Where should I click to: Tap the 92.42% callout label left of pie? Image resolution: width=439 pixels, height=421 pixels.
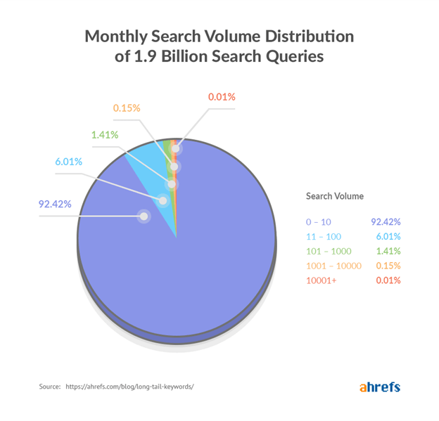[x=55, y=205]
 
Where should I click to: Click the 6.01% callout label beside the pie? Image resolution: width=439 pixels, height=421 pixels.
[x=69, y=162]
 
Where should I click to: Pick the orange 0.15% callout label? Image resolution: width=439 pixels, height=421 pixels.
[x=127, y=108]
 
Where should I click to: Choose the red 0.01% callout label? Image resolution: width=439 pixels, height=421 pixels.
[x=222, y=97]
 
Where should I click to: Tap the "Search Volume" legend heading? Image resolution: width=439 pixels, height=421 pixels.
[x=334, y=196]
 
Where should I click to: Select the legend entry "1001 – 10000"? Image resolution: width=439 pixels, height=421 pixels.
[x=333, y=265]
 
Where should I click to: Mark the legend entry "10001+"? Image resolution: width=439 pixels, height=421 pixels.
[x=321, y=280]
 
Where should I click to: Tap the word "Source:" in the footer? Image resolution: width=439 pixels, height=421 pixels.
[x=51, y=387]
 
